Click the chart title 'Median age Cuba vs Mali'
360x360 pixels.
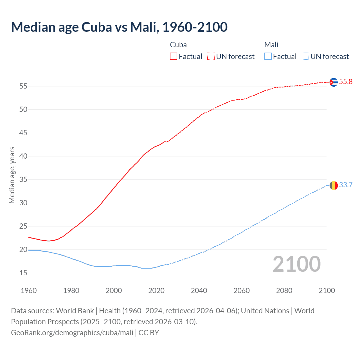[119, 27]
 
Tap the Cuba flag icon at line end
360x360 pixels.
[334, 82]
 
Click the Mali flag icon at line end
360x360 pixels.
[334, 185]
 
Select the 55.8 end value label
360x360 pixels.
[346, 82]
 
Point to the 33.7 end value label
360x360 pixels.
[346, 185]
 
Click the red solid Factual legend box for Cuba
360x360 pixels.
[174, 57]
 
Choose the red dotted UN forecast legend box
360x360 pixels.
[211, 57]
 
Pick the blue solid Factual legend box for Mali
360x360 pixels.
[268, 57]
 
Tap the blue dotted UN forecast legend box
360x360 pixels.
[305, 57]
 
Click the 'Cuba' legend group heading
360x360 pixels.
[178, 45]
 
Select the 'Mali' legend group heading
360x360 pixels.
[271, 45]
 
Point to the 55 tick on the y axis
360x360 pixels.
[23, 86]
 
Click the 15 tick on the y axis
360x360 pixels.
[23, 273]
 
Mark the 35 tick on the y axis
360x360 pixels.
[23, 180]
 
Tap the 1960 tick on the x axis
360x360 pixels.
[29, 291]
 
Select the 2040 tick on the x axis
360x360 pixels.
[199, 291]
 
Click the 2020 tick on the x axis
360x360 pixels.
[156, 291]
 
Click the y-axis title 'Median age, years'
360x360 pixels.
[12, 175]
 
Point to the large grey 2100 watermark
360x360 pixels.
[297, 264]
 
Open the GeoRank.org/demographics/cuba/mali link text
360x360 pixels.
[72, 333]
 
